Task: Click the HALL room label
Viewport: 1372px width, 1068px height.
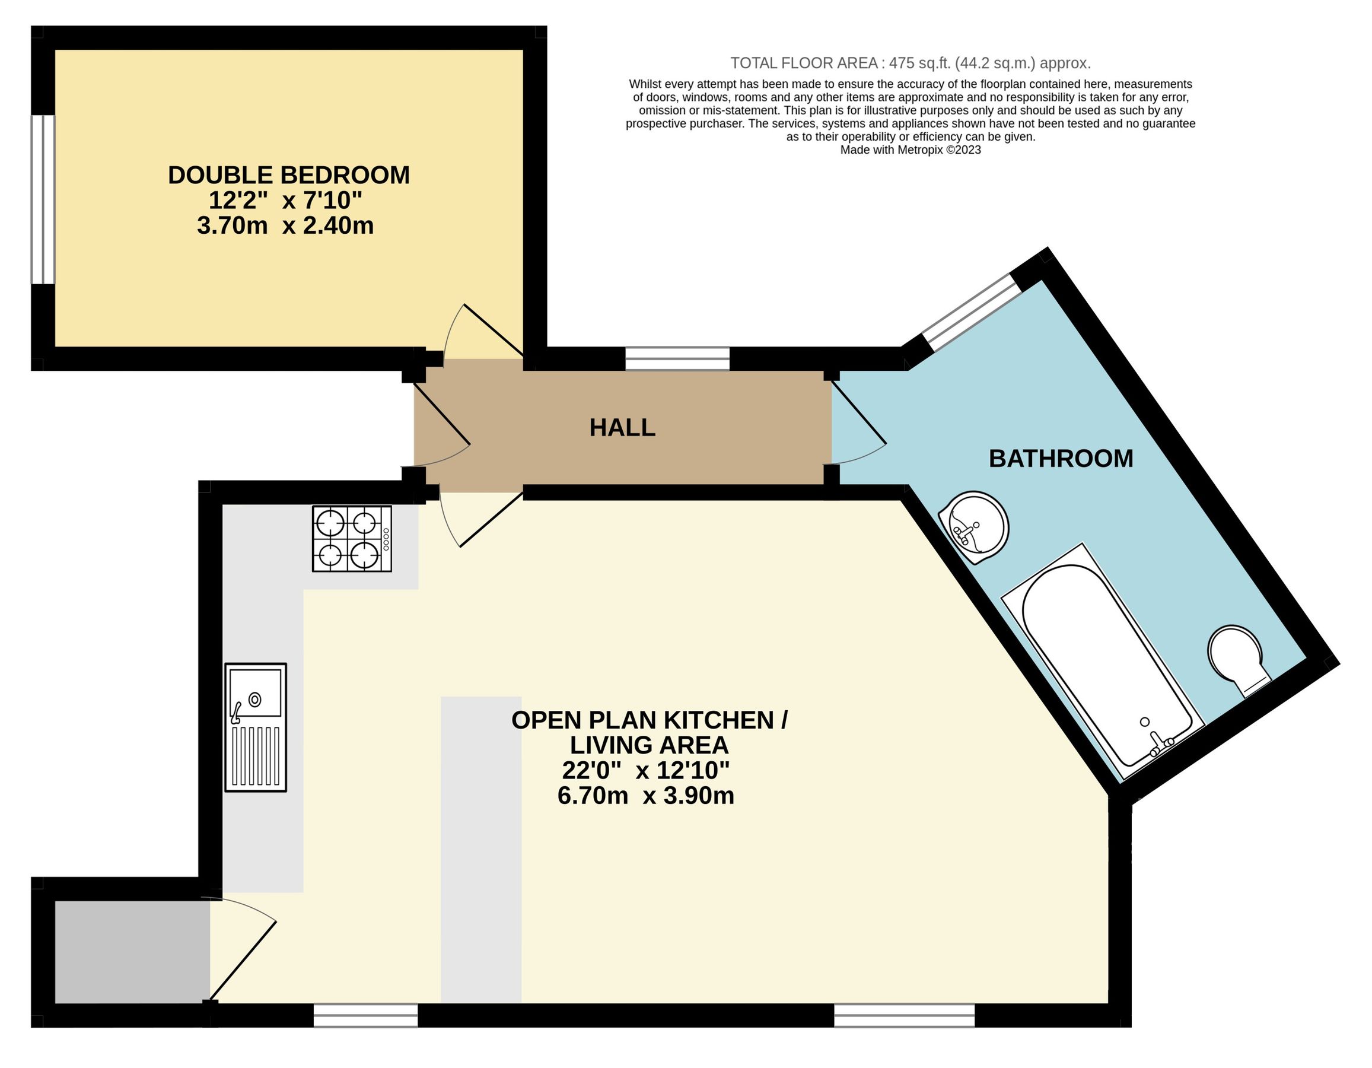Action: [x=622, y=428]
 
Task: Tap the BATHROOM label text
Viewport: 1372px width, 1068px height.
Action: [x=1061, y=459]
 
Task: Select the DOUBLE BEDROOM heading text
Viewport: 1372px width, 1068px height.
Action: [x=289, y=175]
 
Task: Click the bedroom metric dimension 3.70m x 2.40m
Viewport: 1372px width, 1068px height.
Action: [x=285, y=225]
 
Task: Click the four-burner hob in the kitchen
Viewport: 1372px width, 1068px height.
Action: [x=352, y=539]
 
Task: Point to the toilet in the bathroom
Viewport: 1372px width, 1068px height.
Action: [x=1237, y=660]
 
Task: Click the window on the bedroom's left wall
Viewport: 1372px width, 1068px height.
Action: [x=43, y=200]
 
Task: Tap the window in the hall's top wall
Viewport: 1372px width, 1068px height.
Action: [x=677, y=359]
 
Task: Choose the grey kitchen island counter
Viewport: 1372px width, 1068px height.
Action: [x=481, y=850]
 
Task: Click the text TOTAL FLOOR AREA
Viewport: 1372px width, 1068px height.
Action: [x=804, y=63]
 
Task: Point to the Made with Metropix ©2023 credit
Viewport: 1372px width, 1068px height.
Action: [x=911, y=150]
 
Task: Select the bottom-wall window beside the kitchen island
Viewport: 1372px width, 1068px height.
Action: [x=365, y=1015]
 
